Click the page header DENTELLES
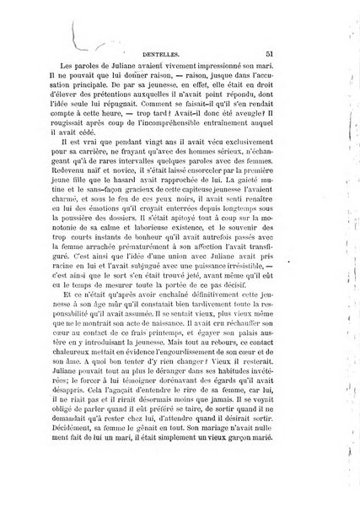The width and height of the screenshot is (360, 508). (174, 52)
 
